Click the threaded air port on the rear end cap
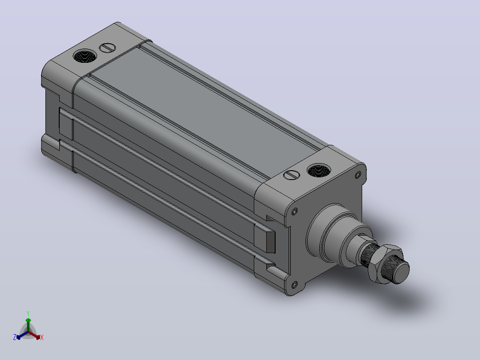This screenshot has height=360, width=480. click(85, 56)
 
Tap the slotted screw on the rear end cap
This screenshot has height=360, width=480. click(107, 48)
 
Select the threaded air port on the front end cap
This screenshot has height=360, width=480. click(319, 170)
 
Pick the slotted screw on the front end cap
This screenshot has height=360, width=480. click(291, 175)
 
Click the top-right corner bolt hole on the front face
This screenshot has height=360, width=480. click(358, 175)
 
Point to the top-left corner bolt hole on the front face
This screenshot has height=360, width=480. click(294, 211)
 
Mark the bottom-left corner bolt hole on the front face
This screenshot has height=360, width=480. click(294, 285)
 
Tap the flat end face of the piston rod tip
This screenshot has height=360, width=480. click(401, 272)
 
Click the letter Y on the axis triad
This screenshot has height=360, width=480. click(28, 313)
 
